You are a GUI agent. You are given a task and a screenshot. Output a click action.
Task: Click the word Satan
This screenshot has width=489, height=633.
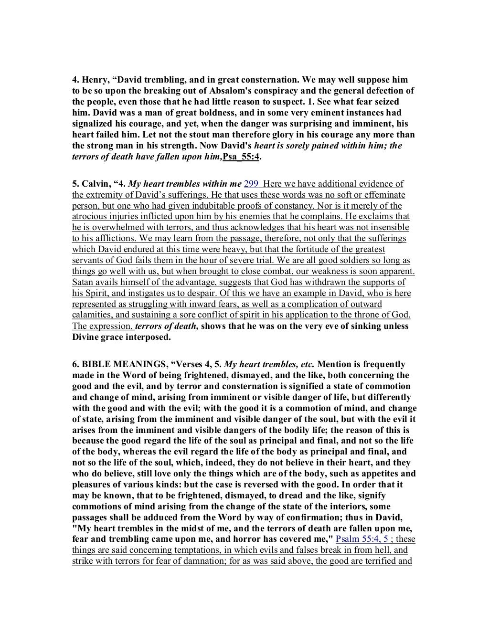pos(83,283)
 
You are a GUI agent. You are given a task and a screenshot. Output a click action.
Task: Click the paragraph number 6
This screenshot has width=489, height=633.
pos(74,364)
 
